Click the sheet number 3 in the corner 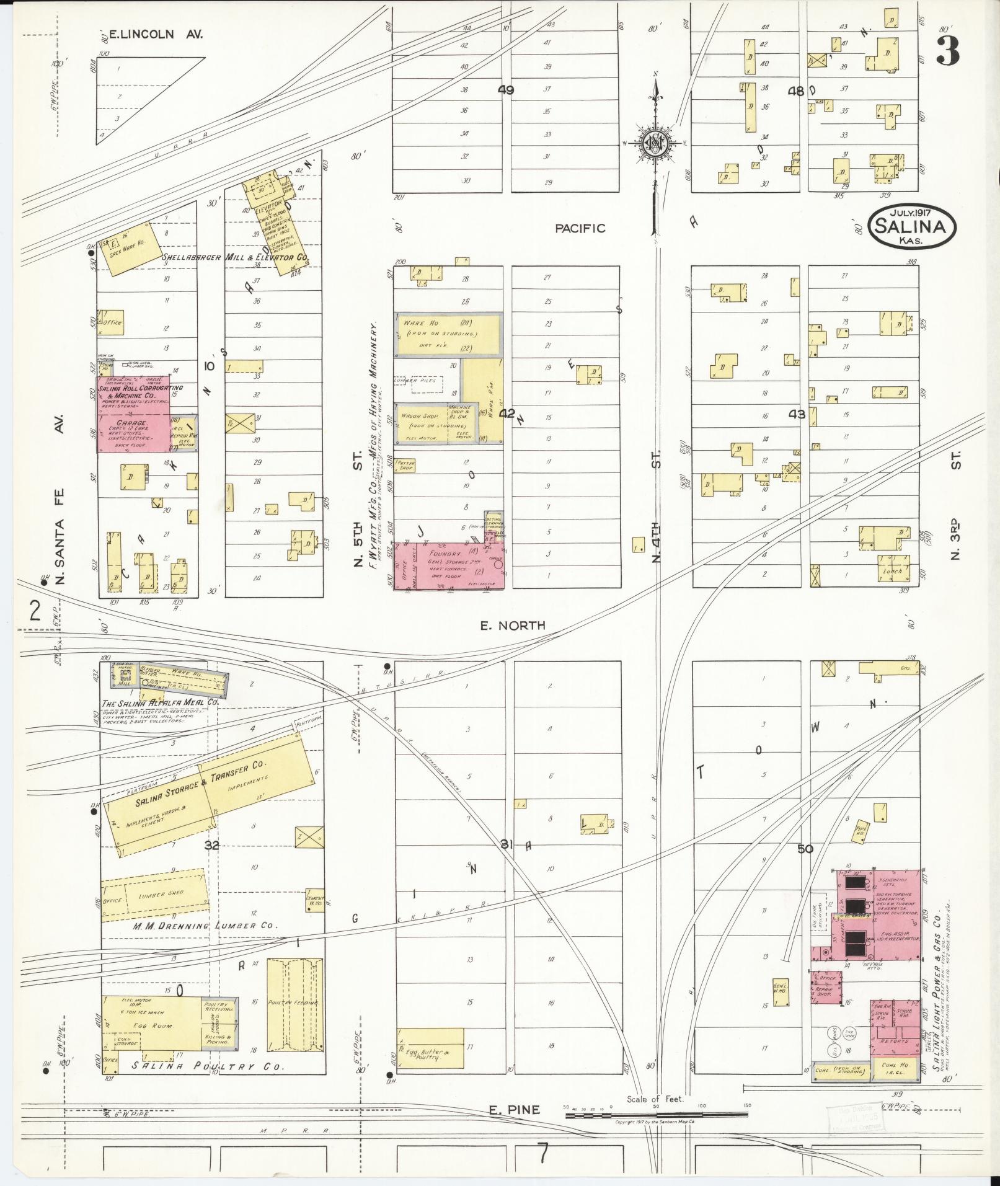pos(947,51)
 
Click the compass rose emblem pos(656,143)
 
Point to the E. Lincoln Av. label pos(155,35)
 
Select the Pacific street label pos(580,229)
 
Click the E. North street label pos(513,626)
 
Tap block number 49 pos(505,91)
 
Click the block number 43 pos(796,414)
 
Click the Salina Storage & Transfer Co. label pos(198,786)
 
